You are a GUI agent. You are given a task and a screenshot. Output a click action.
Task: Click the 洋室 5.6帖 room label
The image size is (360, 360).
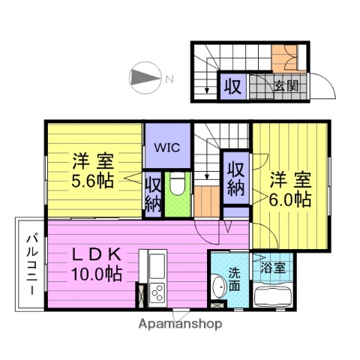click(94, 171)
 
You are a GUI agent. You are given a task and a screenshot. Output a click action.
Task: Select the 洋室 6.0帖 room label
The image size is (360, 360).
click(289, 190)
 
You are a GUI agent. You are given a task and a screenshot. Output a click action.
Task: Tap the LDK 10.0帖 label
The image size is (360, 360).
click(97, 265)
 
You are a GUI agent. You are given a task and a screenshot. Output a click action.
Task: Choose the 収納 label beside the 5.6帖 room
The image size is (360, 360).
click(153, 193)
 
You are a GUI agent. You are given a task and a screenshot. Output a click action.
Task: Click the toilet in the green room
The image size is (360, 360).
click(178, 184)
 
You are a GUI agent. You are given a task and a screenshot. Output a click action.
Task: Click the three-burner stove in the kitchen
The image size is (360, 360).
click(157, 292)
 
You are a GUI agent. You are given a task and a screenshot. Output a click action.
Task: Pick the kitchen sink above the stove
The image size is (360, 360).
click(157, 264)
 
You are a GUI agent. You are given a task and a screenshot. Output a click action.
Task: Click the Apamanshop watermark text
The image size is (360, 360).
click(179, 324)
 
